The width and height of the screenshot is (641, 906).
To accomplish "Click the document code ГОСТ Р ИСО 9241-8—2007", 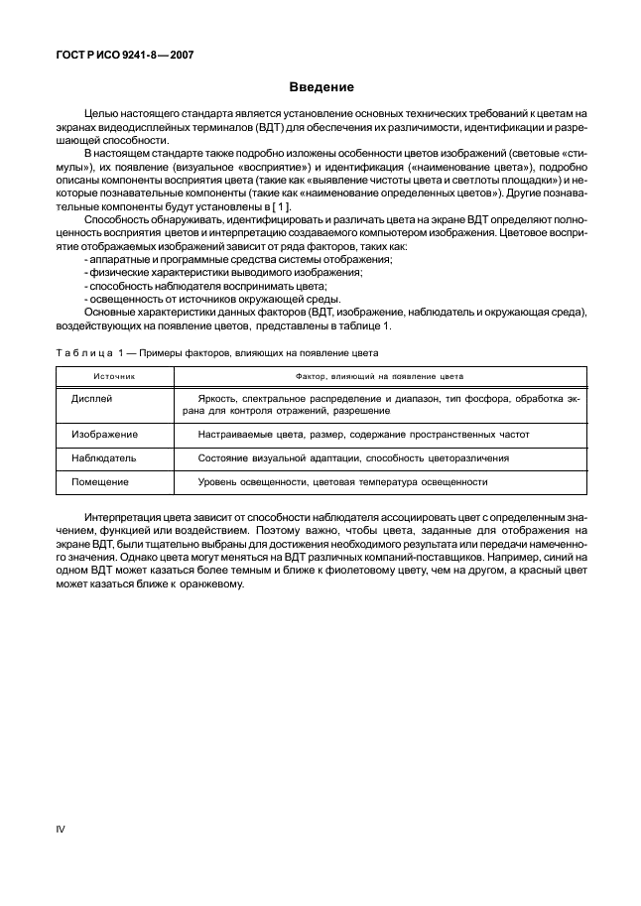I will (x=124, y=56).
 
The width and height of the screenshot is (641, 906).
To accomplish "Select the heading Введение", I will (x=320, y=87).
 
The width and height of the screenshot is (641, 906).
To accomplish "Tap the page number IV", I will (x=59, y=828).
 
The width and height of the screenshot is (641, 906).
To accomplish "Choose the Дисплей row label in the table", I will (x=92, y=397).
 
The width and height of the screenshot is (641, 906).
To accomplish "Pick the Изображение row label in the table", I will (x=104, y=435).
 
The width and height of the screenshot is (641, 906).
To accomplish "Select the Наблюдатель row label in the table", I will (x=103, y=458).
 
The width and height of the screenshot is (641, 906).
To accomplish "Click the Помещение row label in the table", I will (x=100, y=482).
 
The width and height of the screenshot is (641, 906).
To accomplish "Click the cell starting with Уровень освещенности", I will (x=342, y=482).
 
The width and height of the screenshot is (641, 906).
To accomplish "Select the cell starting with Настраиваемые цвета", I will (x=363, y=435).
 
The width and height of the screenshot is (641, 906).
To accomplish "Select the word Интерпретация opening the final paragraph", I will (x=121, y=518).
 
